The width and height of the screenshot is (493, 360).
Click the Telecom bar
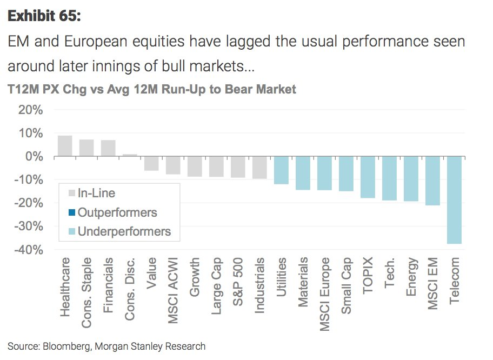pyautogui.click(x=454, y=200)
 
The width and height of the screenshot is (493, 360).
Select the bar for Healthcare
pyautogui.click(x=65, y=146)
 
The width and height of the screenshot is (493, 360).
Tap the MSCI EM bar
pyautogui.click(x=432, y=181)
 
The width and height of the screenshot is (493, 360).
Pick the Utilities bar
pyautogui.click(x=281, y=170)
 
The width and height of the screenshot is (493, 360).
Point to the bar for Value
pyautogui.click(x=151, y=164)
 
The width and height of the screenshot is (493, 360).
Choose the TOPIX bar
pyautogui.click(x=368, y=177)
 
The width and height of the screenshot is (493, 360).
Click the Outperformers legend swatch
pyautogui.click(x=71, y=212)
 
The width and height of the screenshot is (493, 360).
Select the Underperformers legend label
pyautogui.click(x=124, y=232)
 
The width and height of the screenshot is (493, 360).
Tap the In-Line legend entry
pyautogui.click(x=96, y=193)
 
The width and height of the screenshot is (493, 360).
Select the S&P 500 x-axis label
pyautogui.click(x=238, y=282)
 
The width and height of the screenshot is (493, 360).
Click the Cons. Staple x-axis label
pyautogui.click(x=86, y=292)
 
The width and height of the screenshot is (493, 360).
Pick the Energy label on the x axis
pyautogui.click(x=411, y=277)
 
